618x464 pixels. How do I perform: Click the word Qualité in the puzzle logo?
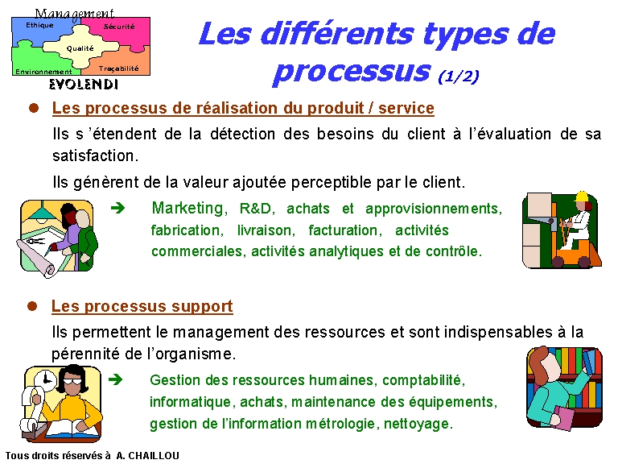coord(80,48)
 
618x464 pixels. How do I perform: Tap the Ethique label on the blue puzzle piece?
coord(39,25)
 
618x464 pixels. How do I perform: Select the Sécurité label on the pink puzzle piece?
coord(119,27)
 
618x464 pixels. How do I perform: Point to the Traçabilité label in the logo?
coord(118,68)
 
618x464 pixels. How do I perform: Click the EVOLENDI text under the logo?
coord(84,84)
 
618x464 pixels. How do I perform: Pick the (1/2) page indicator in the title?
coord(459,76)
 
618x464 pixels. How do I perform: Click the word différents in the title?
coord(337,34)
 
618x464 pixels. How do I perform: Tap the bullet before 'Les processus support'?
coord(32,306)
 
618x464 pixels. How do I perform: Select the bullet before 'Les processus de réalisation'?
coord(34,108)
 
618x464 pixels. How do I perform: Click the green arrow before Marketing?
coord(117,208)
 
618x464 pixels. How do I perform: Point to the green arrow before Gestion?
coord(116,379)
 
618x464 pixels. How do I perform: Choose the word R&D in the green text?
coord(255,209)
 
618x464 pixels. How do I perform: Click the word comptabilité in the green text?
coord(424,380)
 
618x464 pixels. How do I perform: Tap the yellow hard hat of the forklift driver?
coord(582,197)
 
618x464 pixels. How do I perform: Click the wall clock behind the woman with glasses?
coord(46,381)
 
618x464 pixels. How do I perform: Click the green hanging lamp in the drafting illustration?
coord(39,213)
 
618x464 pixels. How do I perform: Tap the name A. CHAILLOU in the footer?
coord(148,456)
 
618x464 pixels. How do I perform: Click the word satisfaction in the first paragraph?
coord(96,155)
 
